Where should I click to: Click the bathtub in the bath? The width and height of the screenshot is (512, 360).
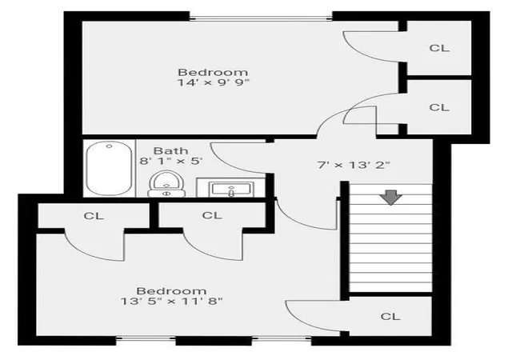click(110, 168)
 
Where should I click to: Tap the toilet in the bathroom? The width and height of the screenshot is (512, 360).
click(166, 184)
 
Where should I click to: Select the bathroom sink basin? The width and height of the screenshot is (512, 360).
click(231, 189)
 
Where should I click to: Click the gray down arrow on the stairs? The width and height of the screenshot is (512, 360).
click(391, 198)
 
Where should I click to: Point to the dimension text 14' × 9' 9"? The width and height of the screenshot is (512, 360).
click(214, 82)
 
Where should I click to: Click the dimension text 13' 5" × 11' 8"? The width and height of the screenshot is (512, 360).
click(171, 301)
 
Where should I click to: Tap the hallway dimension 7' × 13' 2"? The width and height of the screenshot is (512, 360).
click(354, 165)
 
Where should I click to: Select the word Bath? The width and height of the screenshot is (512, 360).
click(170, 150)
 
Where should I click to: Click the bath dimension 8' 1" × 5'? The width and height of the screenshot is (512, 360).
click(171, 161)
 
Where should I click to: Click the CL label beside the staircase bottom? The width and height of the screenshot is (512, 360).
click(390, 316)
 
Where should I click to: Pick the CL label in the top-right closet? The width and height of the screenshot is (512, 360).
click(439, 48)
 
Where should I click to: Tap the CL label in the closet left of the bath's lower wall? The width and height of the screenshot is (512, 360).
click(94, 216)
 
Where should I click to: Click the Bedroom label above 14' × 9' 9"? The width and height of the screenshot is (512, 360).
click(213, 72)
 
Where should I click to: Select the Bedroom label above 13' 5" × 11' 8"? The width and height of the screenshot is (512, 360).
click(171, 290)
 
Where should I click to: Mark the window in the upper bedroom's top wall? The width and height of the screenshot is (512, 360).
click(261, 18)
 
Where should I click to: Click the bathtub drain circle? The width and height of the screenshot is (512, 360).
click(110, 146)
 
